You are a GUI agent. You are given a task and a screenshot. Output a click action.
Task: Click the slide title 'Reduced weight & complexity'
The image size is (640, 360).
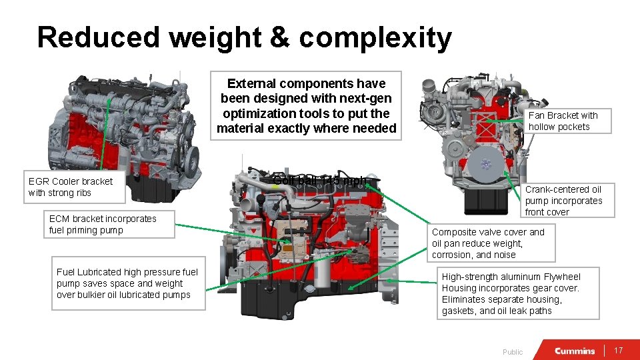tap(244, 38)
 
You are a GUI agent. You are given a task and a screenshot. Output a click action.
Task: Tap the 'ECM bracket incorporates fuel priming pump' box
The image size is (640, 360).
tap(103, 225)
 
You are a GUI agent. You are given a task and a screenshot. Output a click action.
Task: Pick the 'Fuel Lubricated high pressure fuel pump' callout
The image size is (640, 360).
tap(127, 283)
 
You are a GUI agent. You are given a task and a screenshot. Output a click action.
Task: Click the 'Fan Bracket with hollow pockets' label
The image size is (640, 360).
tap(563, 121)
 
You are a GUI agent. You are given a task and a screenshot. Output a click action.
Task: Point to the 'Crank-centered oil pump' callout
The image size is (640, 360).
tap(563, 201)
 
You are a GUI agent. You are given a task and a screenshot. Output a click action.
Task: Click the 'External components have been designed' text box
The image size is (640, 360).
tap(307, 106)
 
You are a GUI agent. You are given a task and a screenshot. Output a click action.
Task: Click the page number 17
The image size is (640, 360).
tap(618, 351)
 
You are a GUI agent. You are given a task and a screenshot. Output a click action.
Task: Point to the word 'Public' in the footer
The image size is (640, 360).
tap(513, 352)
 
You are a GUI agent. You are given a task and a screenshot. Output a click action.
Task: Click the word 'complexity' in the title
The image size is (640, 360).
tap(375, 38)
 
